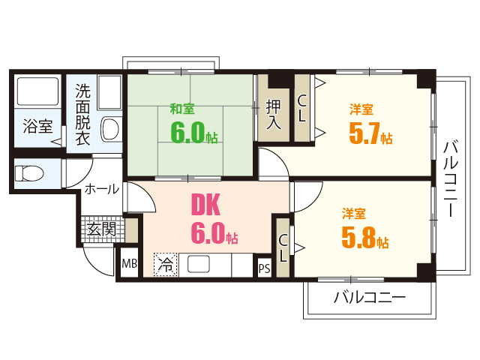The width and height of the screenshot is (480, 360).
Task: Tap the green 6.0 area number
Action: click(188, 133)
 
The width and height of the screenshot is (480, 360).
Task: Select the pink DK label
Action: click(205, 203)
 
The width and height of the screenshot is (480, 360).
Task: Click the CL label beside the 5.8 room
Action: click(283, 247)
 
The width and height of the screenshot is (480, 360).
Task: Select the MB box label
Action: click(129, 264)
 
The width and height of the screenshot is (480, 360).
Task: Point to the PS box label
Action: click(264, 268)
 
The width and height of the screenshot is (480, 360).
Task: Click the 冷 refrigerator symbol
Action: click(166, 264)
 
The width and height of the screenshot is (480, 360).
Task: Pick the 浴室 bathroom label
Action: click(37, 125)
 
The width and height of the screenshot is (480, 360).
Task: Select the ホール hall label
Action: click(101, 189)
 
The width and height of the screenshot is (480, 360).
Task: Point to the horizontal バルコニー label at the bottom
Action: click(369, 298)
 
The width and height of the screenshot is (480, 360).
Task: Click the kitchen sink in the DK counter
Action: click(198, 264)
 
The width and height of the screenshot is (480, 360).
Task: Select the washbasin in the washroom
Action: click(109, 128)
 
